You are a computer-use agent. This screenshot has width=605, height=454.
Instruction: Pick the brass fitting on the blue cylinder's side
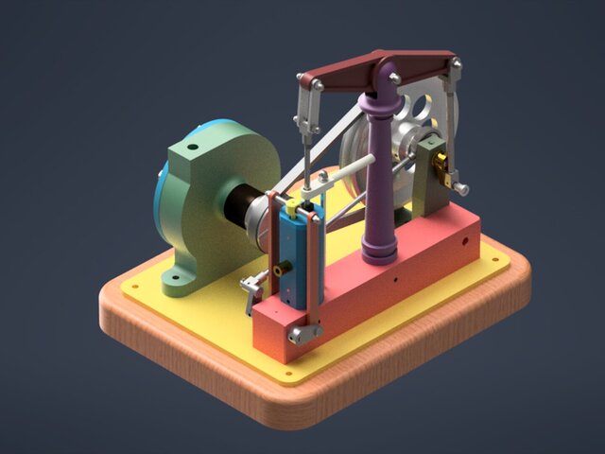click(x=278, y=271)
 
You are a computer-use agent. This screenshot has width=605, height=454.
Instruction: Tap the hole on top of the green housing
click(x=191, y=148)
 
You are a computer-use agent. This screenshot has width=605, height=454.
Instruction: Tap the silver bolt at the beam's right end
click(x=457, y=63)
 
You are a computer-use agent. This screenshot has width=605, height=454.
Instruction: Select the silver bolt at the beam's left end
click(x=318, y=86)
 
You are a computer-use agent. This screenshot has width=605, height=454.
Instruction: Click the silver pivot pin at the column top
click(x=393, y=77)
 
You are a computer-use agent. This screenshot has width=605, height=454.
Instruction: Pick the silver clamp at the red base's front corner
click(x=303, y=334)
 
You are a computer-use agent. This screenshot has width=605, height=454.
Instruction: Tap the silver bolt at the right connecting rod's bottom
click(x=462, y=189)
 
